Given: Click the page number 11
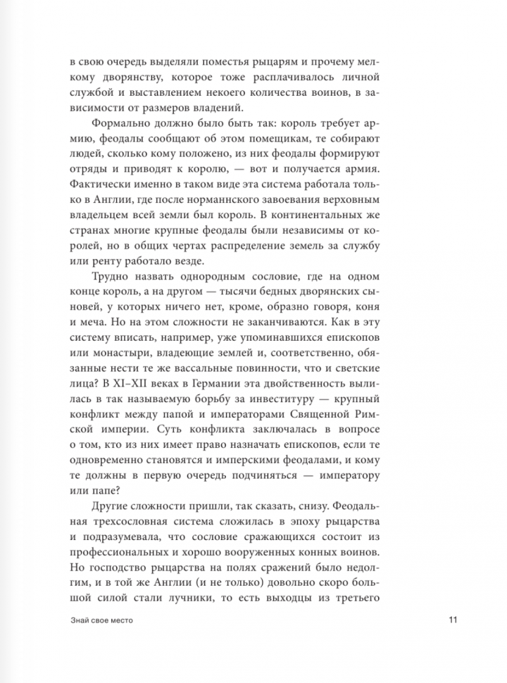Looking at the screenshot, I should [x=453, y=620].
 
